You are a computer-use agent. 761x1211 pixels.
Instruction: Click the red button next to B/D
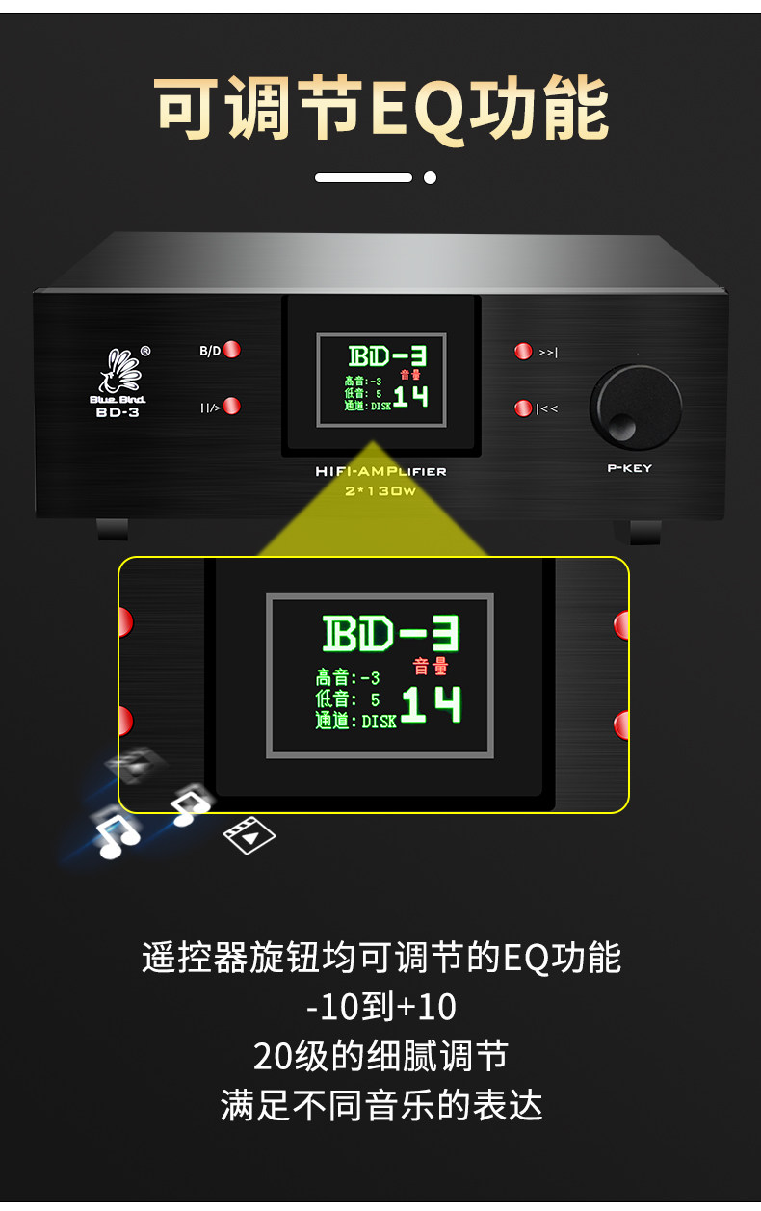tap(232, 350)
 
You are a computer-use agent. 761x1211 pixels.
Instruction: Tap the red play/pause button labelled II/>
tap(232, 407)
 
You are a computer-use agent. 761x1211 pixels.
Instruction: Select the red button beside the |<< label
tap(523, 408)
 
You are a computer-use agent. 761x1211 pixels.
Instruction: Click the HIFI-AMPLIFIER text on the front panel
tap(380, 472)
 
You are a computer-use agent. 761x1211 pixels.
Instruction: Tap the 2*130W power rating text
tap(380, 490)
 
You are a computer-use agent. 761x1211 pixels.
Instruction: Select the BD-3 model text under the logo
tap(117, 412)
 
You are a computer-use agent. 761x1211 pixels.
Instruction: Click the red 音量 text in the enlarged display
tap(431, 666)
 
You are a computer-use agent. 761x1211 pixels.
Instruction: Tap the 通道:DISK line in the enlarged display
tap(355, 721)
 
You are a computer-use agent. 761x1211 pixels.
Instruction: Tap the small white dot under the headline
tap(430, 177)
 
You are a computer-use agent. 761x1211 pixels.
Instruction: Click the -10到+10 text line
tap(380, 1007)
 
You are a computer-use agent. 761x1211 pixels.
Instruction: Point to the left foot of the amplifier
tap(113, 529)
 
